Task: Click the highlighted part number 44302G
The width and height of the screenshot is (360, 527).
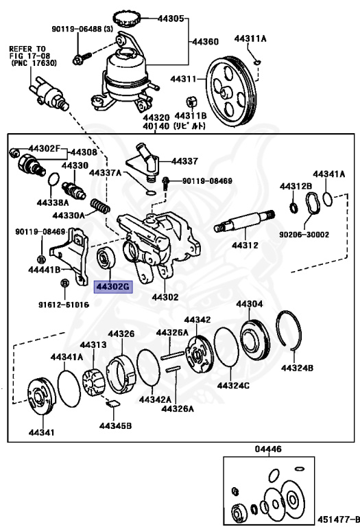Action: click(x=112, y=287)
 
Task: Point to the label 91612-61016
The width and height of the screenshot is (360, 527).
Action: click(x=62, y=304)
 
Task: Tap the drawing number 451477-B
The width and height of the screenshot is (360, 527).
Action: click(x=336, y=519)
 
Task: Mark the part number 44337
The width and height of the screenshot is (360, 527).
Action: click(x=184, y=161)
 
